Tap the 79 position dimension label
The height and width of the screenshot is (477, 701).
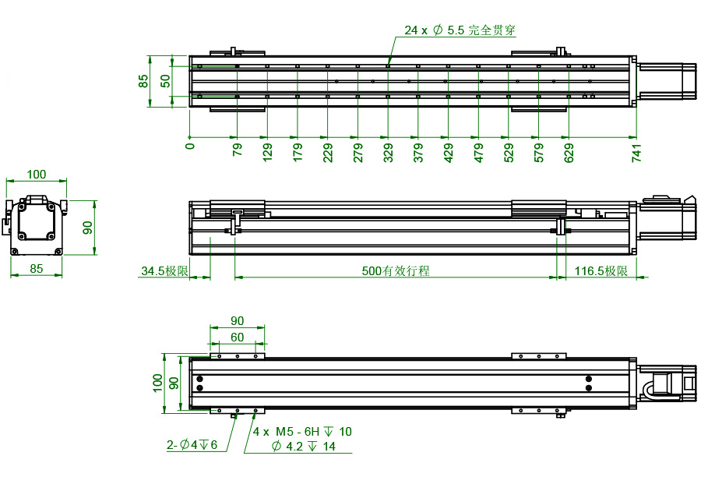tap(238, 150)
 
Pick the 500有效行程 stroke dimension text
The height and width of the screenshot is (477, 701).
tap(396, 271)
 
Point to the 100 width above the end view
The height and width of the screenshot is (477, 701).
tap(36, 174)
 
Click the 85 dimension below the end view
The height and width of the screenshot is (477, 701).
tap(36, 269)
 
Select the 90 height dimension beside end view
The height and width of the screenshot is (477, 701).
tap(88, 227)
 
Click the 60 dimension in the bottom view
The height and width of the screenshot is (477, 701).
tap(236, 337)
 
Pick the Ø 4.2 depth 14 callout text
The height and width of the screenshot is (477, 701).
tap(304, 446)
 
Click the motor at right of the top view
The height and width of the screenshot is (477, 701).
tap(668, 80)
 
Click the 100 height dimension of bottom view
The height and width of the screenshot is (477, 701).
tap(158, 382)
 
